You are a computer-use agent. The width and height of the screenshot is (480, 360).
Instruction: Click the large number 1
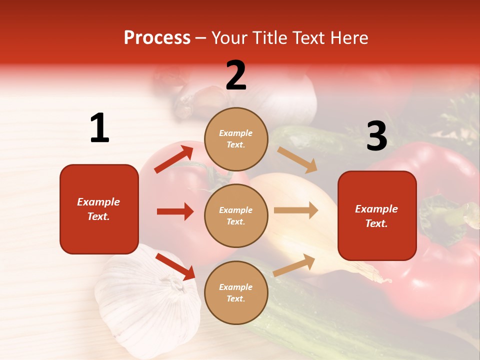pos(99,128)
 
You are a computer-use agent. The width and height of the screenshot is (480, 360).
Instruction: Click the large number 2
pos(236,75)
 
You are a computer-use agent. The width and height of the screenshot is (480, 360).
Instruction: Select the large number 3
pos(376,136)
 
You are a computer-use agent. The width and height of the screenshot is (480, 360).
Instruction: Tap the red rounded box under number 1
pos(99,209)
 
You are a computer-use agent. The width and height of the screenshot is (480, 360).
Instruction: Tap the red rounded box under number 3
pos(377,216)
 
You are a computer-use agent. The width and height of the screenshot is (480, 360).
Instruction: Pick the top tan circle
pos(236,139)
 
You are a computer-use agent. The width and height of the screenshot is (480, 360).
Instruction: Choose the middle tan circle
pos(236,215)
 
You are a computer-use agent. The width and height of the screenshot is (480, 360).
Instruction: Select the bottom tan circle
pos(236,292)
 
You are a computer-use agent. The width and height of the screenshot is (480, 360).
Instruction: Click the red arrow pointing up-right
pos(174,159)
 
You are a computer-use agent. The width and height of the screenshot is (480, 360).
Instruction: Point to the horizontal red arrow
pos(175,211)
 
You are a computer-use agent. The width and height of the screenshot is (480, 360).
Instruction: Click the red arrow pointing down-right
pos(175,266)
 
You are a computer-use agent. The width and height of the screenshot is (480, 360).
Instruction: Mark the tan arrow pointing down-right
pos(297,159)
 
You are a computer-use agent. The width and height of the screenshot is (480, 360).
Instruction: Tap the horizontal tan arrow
pos(296,210)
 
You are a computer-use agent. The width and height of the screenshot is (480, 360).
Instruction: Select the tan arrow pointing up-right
pos(294,264)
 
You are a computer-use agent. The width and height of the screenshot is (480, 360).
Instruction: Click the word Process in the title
pos(157,37)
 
